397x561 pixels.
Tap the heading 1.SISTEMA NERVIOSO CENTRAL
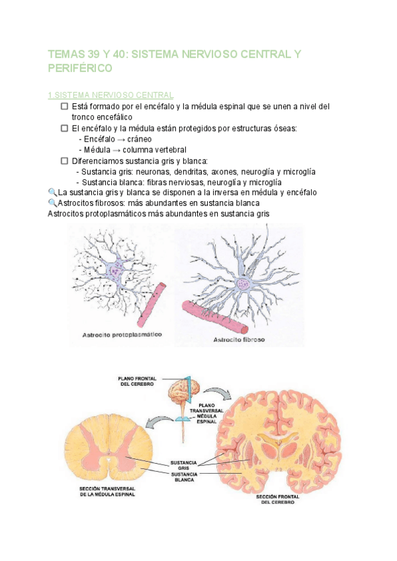pyautogui.click(x=111, y=95)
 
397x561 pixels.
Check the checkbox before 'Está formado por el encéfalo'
pyautogui.click(x=64, y=107)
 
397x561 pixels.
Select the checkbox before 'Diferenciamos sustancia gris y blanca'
pyautogui.click(x=64, y=161)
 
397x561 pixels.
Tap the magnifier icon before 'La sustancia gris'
pyautogui.click(x=53, y=193)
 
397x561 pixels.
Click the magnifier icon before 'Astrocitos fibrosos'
pyautogui.click(x=53, y=203)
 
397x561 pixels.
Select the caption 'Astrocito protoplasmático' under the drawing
pyautogui.click(x=123, y=335)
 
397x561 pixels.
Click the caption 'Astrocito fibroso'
pyautogui.click(x=238, y=340)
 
